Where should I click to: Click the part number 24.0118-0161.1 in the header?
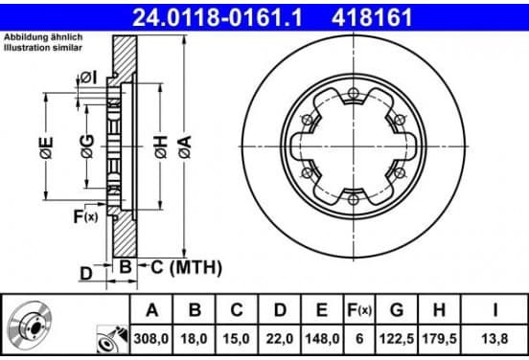(x=218, y=17)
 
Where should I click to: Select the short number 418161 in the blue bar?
(x=372, y=17)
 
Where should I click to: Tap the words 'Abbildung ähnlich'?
(x=43, y=37)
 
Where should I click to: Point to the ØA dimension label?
(x=185, y=146)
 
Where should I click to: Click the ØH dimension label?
(x=161, y=146)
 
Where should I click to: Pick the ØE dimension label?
(x=46, y=147)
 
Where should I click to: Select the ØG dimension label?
(x=87, y=146)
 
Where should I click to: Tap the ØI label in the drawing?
(x=88, y=79)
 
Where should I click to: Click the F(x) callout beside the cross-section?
(x=85, y=216)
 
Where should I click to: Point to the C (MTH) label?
(x=186, y=267)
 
